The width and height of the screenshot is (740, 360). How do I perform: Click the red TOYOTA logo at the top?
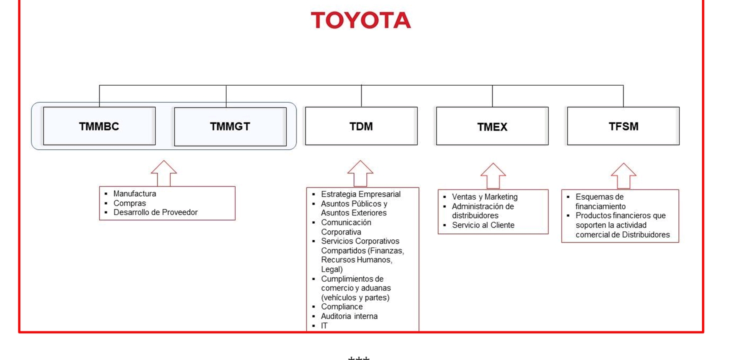(x=360, y=20)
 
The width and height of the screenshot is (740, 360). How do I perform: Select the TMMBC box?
(x=99, y=126)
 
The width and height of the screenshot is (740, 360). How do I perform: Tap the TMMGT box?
(x=230, y=126)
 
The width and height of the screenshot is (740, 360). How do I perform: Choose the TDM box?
(x=361, y=126)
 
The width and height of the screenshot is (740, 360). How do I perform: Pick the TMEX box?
(x=492, y=126)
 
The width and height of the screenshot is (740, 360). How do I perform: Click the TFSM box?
(x=623, y=126)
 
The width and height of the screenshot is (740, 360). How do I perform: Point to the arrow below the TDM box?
(x=360, y=173)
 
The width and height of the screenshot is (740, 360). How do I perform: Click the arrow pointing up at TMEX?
(x=493, y=176)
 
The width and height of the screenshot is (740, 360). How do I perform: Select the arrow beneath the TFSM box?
(x=623, y=176)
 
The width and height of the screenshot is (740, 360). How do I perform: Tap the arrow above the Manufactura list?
(x=164, y=173)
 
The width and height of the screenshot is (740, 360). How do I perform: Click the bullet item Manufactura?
(x=134, y=193)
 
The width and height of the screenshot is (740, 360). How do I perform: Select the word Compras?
(x=129, y=203)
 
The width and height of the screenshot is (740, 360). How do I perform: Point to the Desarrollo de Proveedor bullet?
(x=155, y=212)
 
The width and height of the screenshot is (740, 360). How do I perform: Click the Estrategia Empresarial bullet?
(x=360, y=194)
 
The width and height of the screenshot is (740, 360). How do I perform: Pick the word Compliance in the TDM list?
(x=341, y=306)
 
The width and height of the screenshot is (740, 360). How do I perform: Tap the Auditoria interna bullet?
(x=349, y=316)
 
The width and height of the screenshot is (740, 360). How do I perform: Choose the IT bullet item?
(x=324, y=325)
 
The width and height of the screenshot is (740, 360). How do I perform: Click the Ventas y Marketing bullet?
(x=484, y=197)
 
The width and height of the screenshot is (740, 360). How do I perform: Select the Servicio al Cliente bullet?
(x=483, y=225)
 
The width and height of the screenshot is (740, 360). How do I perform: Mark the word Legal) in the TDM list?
(x=331, y=269)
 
